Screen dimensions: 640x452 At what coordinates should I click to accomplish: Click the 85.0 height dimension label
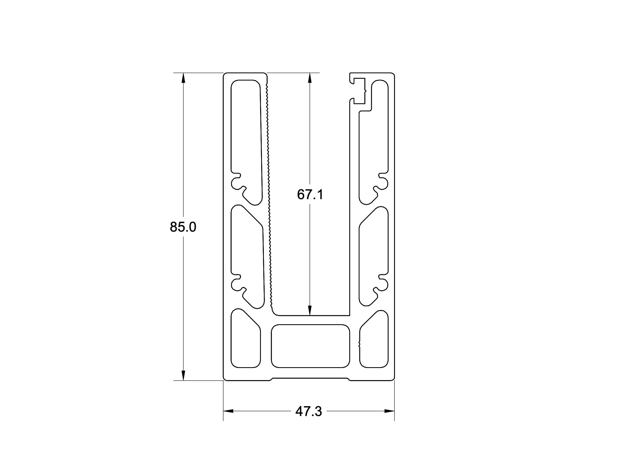(x=183, y=227)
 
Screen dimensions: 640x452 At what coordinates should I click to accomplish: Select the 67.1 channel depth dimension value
(x=310, y=194)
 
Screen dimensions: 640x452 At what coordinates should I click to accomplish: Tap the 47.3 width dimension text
(x=308, y=411)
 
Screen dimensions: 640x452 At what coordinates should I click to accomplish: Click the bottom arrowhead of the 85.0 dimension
(x=183, y=376)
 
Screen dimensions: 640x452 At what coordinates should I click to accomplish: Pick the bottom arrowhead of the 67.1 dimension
(x=310, y=311)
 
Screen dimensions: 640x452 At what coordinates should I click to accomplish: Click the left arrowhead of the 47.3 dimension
(x=228, y=411)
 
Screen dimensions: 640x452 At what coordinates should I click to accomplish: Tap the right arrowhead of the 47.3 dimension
(x=389, y=411)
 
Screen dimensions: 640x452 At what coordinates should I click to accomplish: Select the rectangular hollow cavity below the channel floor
(x=310, y=346)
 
